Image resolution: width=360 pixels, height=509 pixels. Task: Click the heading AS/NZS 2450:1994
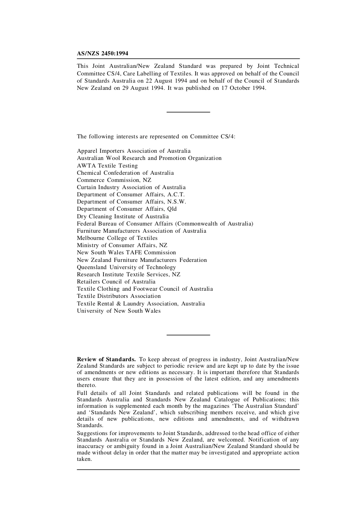102,54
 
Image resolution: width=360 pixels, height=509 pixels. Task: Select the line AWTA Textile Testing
107,166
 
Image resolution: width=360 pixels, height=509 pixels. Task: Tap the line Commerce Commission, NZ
114,180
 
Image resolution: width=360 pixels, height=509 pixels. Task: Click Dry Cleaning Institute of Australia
123,216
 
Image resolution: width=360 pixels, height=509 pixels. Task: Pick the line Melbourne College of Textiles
117,238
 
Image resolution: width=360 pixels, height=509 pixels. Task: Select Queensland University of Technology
126,267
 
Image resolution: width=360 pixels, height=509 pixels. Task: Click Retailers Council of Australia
116,282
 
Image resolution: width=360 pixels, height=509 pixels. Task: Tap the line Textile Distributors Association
119,296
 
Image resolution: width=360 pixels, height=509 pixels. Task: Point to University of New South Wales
119,311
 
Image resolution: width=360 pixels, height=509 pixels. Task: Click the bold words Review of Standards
106,359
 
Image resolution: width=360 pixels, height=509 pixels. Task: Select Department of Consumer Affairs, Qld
127,209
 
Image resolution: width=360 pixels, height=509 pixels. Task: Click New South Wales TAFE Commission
126,252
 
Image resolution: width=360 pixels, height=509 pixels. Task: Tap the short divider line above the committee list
188,112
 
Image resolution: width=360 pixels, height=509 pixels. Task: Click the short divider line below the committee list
188,335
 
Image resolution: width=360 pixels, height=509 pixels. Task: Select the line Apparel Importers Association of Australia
133,151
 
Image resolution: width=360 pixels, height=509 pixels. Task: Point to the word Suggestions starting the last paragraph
92,433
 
